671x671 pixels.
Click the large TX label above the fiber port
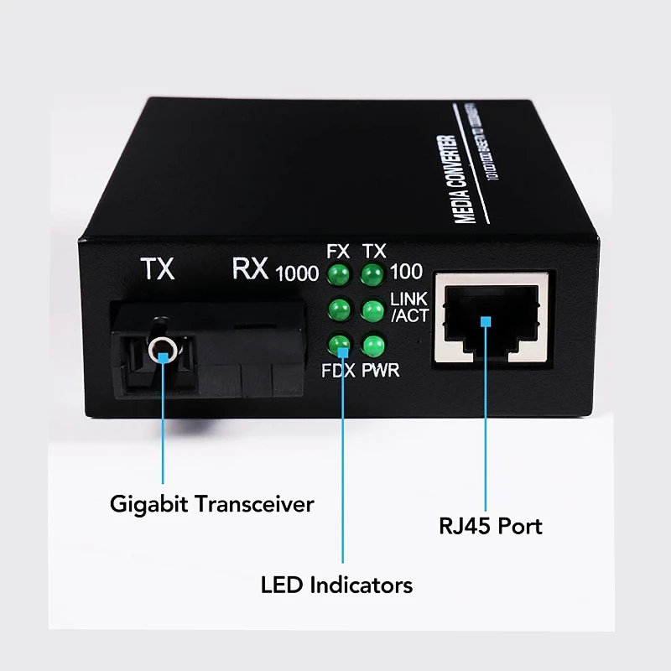(157, 269)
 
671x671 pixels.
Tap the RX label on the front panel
(249, 269)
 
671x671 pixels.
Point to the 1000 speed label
(296, 273)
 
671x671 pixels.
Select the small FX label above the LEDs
(338, 251)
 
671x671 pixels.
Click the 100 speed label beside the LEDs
(406, 272)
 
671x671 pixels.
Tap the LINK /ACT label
(409, 308)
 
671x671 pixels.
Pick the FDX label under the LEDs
(339, 370)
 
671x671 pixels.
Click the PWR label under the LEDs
(380, 370)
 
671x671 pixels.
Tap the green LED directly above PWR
(372, 345)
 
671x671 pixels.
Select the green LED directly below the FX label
(339, 273)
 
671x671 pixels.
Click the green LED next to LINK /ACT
(372, 309)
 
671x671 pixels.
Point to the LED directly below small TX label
(372, 273)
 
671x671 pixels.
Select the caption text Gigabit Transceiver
(211, 504)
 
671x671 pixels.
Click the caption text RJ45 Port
(491, 527)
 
